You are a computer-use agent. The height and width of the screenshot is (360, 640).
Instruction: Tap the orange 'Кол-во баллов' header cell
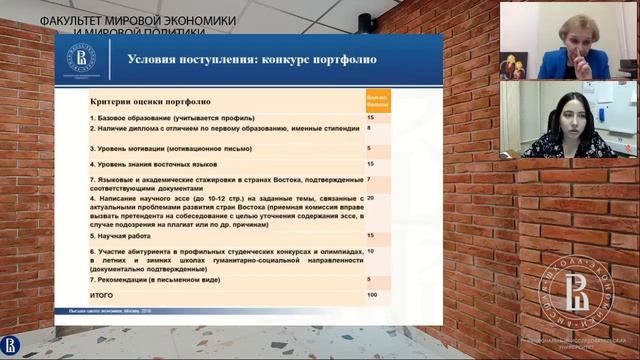[378, 101]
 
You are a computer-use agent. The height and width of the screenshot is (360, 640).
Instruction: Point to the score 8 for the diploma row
[370, 128]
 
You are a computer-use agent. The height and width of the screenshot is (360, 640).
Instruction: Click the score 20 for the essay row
[371, 198]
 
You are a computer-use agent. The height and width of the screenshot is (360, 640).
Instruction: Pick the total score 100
[372, 295]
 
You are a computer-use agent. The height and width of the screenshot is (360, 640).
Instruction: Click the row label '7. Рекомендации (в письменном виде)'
[166, 281]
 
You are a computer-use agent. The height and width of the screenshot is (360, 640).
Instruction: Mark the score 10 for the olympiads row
[371, 250]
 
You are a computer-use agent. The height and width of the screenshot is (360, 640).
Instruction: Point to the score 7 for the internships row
[370, 179]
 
